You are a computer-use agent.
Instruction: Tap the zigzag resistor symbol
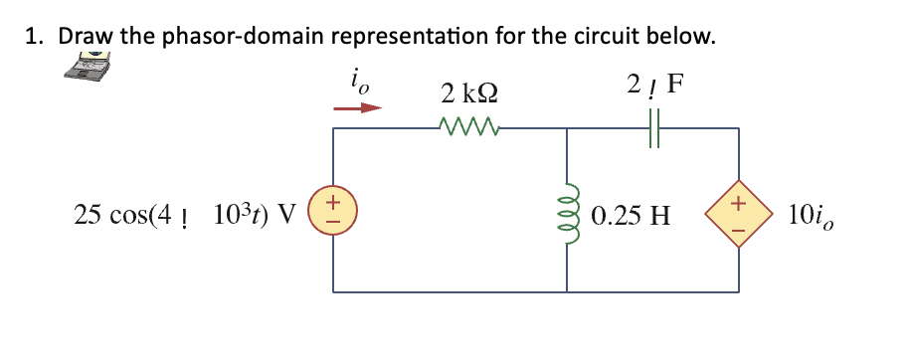point(467,126)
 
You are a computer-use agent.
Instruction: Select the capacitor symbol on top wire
point(653,127)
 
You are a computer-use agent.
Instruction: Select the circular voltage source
point(333,212)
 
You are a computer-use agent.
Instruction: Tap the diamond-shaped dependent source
point(737,212)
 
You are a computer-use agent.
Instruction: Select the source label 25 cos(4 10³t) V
point(185,214)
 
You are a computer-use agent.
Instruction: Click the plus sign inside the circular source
point(334,202)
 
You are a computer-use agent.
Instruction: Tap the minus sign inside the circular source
point(334,223)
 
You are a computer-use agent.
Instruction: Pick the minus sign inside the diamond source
point(737,223)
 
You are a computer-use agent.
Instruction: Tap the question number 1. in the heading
point(35,37)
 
